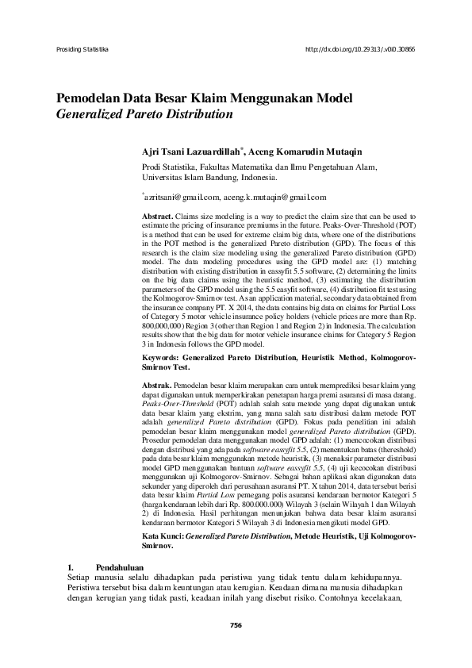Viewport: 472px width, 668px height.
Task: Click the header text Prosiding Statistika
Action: (x=82, y=48)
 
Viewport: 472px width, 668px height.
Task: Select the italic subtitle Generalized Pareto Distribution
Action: (x=144, y=114)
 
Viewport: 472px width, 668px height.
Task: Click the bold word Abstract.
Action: (x=156, y=216)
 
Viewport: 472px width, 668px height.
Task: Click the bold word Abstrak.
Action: (x=155, y=385)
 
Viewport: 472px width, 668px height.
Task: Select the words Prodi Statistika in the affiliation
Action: (x=168, y=167)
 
